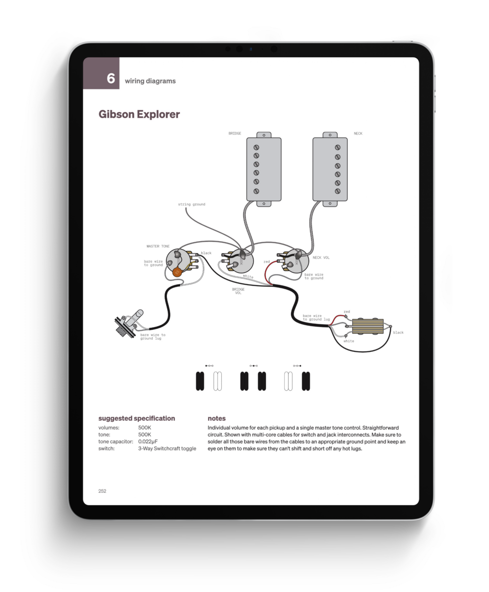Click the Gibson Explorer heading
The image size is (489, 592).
coord(139,115)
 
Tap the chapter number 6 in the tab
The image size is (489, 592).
coord(110,78)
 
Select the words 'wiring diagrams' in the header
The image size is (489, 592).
coord(150,81)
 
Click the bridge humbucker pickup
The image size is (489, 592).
coord(264,169)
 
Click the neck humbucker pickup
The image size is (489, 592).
coord(330,169)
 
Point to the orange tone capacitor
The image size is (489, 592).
coord(177,272)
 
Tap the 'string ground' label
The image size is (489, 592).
coord(192,204)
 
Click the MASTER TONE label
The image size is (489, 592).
coord(158,246)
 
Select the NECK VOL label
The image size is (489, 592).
coord(321,258)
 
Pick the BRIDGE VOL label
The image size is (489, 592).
coord(238,291)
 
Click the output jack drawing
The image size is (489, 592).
coord(129,323)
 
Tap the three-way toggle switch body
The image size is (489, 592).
coord(368,326)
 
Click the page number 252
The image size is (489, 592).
coord(102,491)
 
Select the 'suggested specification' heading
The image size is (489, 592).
coord(137,418)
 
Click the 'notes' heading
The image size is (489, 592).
coord(217,418)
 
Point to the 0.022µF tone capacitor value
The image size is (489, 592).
coord(148,441)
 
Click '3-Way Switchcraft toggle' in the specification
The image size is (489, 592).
coord(167,449)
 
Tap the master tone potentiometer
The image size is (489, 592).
coord(178,261)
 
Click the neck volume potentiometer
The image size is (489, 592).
coord(296,261)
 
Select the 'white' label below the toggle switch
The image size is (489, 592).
coord(349,341)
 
